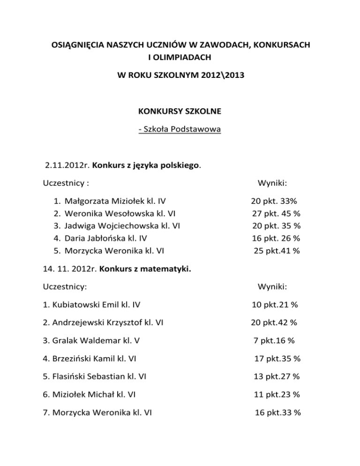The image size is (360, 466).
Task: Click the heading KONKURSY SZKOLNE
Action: coord(180,113)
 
